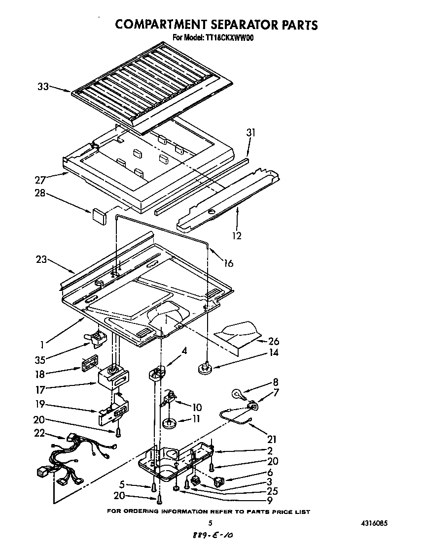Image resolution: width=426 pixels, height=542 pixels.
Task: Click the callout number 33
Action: (43, 87)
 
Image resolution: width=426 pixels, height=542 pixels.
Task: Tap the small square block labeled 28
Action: (99, 215)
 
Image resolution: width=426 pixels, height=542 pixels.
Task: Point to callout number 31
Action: (251, 132)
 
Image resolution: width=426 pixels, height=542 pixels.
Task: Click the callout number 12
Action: (237, 236)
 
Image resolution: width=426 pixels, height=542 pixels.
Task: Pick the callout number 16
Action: (228, 263)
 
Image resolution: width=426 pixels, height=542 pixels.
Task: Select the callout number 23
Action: (41, 259)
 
